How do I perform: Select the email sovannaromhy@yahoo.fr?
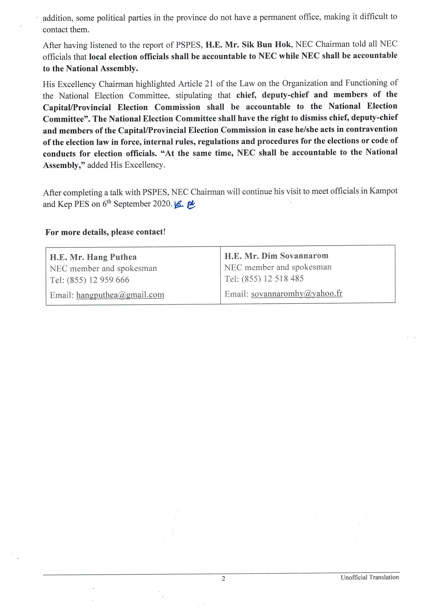pyautogui.click(x=296, y=293)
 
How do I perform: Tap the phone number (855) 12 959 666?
pyautogui.click(x=98, y=280)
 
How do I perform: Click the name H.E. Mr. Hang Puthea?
pyautogui.click(x=93, y=257)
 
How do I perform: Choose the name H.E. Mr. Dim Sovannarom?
pyautogui.click(x=276, y=256)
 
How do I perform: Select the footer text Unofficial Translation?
pyautogui.click(x=370, y=577)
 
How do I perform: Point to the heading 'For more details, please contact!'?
pyautogui.click(x=105, y=232)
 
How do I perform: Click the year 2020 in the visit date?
pyautogui.click(x=163, y=204)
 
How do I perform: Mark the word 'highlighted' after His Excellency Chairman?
pyautogui.click(x=155, y=84)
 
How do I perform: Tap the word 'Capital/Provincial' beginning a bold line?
pyautogui.click(x=77, y=107)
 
